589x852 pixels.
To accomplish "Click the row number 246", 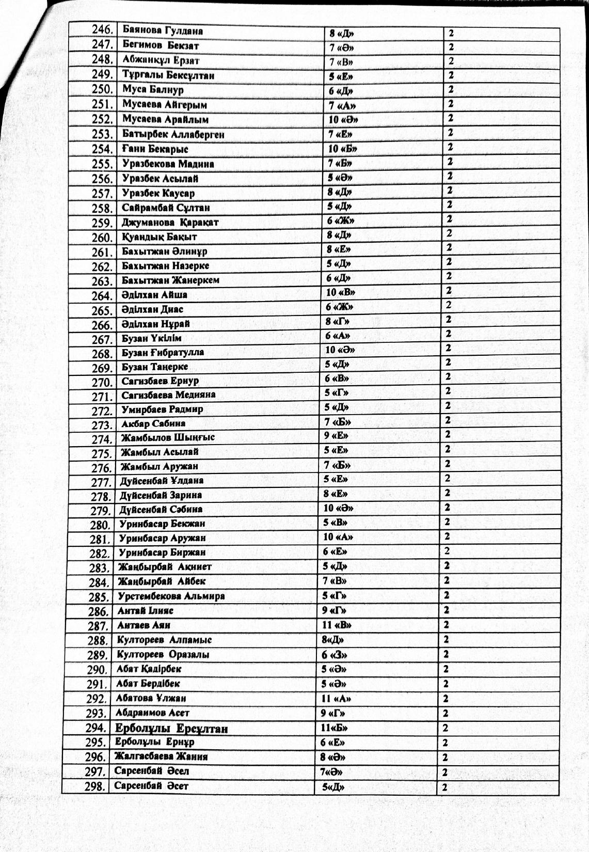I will tap(103, 30).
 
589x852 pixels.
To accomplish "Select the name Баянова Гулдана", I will tap(163, 30).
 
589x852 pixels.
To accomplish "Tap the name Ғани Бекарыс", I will tap(155, 149).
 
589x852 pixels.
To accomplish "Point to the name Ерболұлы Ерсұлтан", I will tap(171, 729).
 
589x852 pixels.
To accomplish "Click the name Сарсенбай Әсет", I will tap(151, 786).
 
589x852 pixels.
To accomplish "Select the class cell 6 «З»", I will tap(335, 655).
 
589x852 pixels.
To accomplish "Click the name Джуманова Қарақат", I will tap(170, 223).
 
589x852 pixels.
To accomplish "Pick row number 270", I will tap(102, 383).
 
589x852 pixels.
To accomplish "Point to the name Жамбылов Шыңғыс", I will tap(168, 437).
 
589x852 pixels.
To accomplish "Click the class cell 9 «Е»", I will tap(336, 435).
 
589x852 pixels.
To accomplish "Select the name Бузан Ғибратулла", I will tap(163, 353).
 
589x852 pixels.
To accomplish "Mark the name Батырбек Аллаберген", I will tap(173, 135).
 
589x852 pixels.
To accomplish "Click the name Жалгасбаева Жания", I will tap(161, 757).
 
